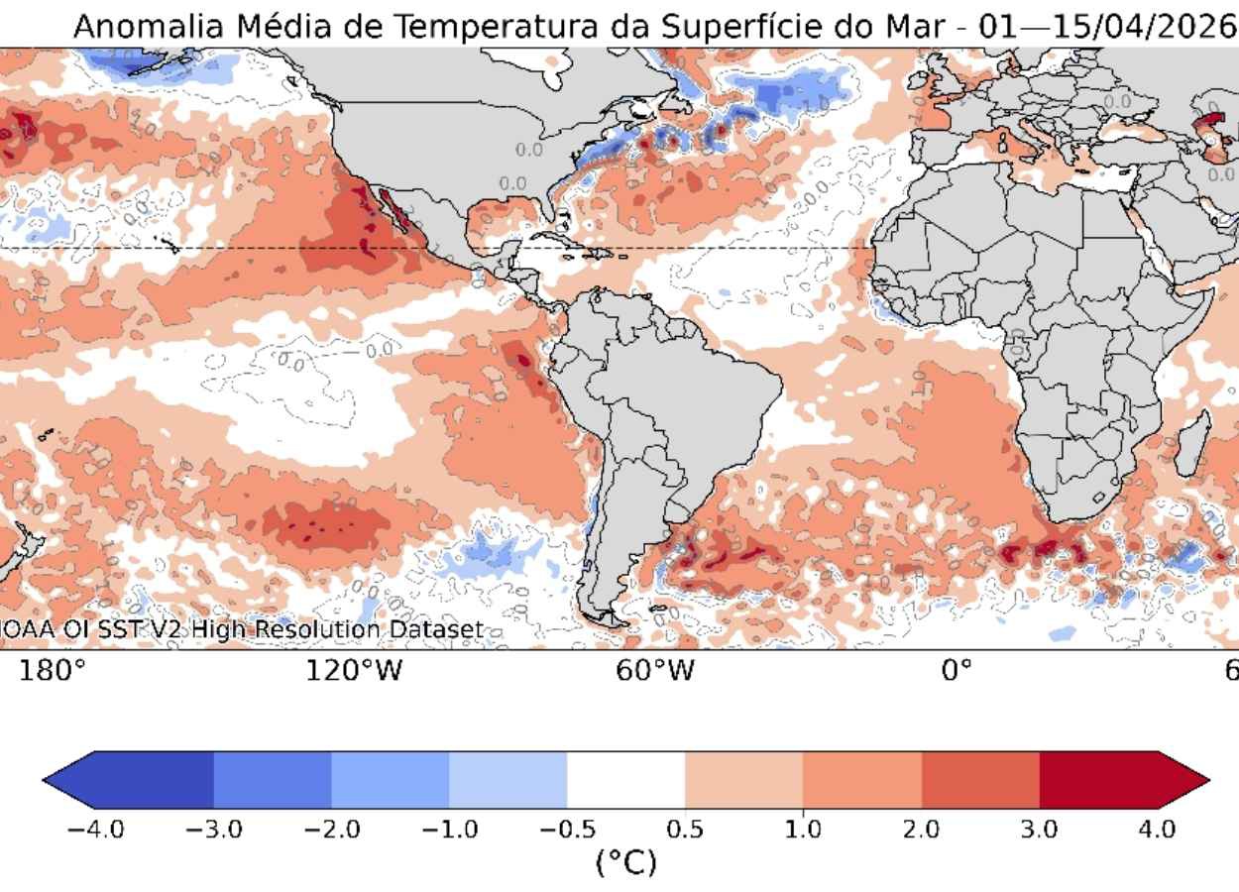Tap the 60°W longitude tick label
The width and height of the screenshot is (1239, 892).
click(x=653, y=671)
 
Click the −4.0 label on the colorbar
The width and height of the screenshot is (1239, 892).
click(x=95, y=829)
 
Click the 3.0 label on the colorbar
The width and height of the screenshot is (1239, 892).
click(x=1039, y=829)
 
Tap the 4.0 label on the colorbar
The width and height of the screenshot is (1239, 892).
click(x=1157, y=829)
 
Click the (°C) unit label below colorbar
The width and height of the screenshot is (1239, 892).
click(x=625, y=862)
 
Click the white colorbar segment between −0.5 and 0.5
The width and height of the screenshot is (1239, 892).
click(x=625, y=780)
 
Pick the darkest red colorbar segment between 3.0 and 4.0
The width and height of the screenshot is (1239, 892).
click(x=1098, y=780)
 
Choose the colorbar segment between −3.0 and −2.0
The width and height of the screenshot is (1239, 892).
click(x=272, y=780)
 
